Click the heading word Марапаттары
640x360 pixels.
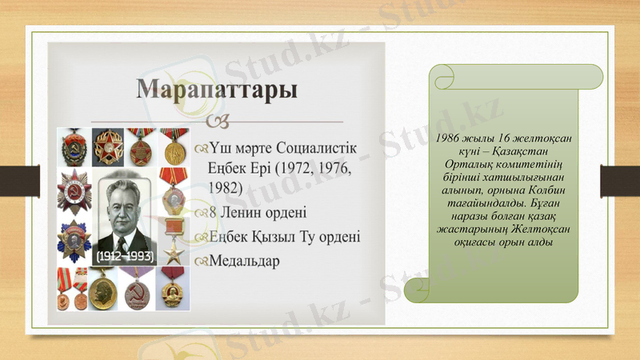tap(217, 88)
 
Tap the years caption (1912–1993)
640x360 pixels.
tap(124, 257)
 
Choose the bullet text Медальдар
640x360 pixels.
tap(244, 262)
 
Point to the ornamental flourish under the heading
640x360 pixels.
tap(222, 121)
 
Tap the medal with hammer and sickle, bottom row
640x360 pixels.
tap(138, 289)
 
